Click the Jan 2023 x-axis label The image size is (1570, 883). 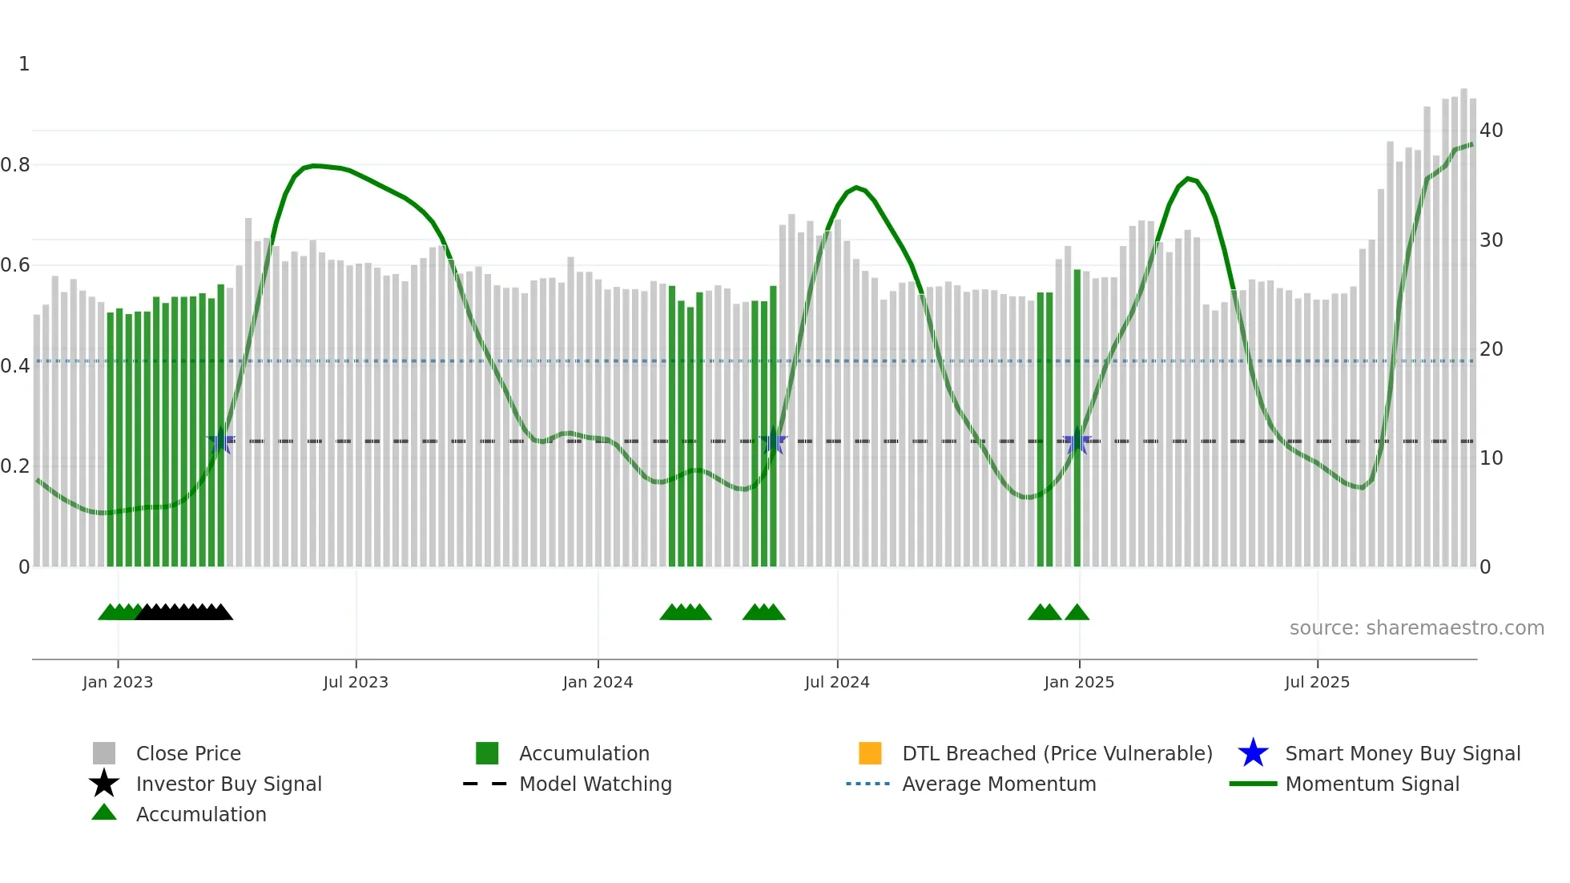pyautogui.click(x=118, y=683)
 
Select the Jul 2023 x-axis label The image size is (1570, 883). pyautogui.click(x=356, y=683)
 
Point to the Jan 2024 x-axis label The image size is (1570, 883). pyautogui.click(x=598, y=683)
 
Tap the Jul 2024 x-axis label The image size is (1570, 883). pyautogui.click(x=837, y=683)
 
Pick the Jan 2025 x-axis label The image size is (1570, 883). pyautogui.click(x=1079, y=683)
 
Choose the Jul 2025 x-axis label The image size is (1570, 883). pyautogui.click(x=1317, y=683)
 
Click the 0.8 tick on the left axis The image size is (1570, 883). pyautogui.click(x=15, y=165)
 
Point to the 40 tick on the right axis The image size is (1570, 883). pyautogui.click(x=1491, y=131)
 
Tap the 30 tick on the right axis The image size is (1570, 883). pyautogui.click(x=1491, y=240)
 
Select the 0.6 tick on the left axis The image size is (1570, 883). pyautogui.click(x=15, y=265)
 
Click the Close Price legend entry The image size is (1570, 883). pyautogui.click(x=188, y=754)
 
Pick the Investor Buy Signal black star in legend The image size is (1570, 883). pyautogui.click(x=104, y=784)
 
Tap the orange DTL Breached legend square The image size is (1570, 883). pyautogui.click(x=870, y=753)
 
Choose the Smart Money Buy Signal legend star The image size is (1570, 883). pyautogui.click(x=1253, y=753)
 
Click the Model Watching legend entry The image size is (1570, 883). pyautogui.click(x=595, y=784)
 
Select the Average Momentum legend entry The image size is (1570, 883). pyautogui.click(x=999, y=784)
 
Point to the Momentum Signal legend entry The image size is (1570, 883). pyautogui.click(x=1372, y=784)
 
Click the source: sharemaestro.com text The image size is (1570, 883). pyautogui.click(x=1416, y=628)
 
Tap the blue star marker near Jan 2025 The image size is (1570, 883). pyautogui.click(x=1077, y=441)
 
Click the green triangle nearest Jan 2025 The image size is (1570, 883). pyautogui.click(x=1077, y=613)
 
